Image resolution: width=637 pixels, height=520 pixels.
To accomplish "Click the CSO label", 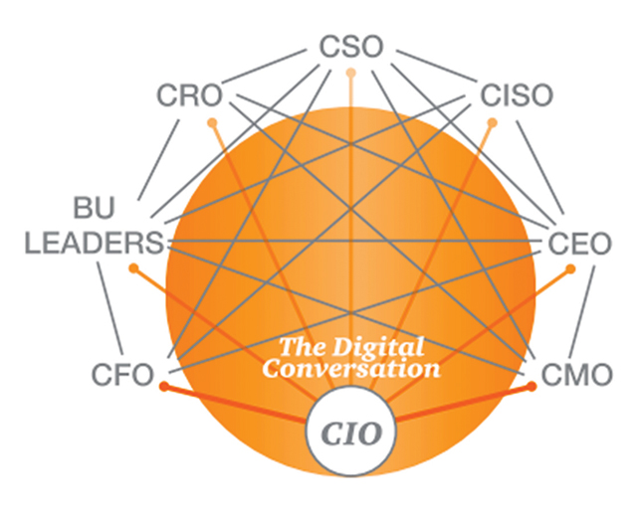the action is (351, 47).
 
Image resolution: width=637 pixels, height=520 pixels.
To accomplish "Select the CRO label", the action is (190, 95).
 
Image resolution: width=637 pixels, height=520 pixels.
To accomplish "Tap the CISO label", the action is (517, 95).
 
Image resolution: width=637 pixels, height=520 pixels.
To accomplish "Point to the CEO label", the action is (579, 244).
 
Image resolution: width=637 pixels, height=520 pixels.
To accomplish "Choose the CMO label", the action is (577, 374).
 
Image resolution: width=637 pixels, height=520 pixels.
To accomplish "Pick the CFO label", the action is (122, 374).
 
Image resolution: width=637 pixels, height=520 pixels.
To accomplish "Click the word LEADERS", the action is (95, 243).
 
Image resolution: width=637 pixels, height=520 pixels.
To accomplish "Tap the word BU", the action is (94, 208).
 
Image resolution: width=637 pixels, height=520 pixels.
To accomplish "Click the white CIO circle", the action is (351, 432).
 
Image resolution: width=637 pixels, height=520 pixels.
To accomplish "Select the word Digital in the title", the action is (378, 347).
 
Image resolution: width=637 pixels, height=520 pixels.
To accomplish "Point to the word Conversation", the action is (351, 369).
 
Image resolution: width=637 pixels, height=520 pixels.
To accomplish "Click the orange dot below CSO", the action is (351, 74).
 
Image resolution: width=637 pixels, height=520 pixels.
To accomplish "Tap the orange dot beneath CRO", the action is (212, 122).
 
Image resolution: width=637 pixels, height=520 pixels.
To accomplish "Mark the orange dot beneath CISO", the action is (492, 122).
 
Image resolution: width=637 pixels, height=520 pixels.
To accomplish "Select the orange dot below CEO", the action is (570, 268).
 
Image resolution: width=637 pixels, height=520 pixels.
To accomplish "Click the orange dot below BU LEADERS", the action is (133, 267).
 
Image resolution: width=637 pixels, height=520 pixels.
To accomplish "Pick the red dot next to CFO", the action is (164, 386).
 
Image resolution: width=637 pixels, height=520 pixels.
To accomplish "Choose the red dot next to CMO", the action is (531, 386).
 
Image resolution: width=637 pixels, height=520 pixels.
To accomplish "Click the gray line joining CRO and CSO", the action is (264, 67).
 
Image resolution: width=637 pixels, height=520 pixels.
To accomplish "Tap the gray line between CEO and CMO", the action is (581, 312).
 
